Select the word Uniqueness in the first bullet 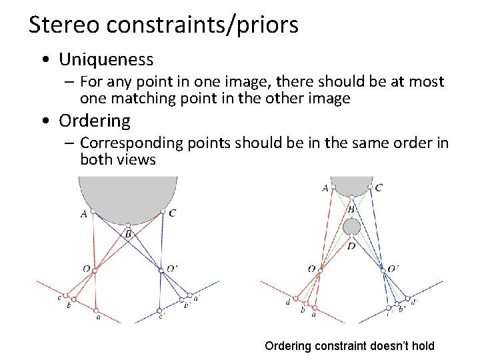106,59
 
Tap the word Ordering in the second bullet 95,121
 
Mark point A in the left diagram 93,212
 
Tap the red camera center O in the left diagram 95,271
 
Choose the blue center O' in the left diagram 161,271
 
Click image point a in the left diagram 96,310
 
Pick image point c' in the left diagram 159,310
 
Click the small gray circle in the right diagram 351,227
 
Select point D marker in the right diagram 351,237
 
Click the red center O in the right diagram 320,270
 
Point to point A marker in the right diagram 333,188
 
